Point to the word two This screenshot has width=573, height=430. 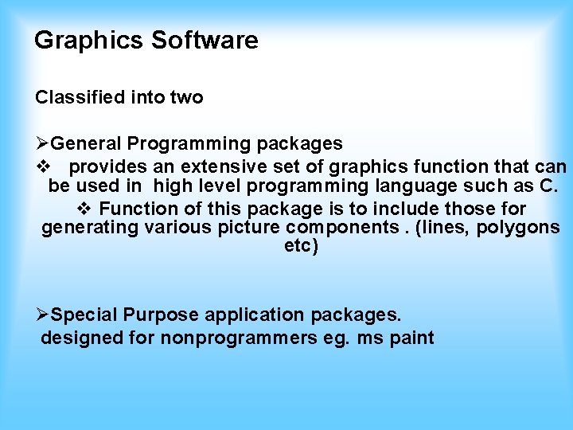pyautogui.click(x=187, y=98)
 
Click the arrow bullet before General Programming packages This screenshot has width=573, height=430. pyautogui.click(x=42, y=144)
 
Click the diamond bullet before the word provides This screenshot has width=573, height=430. pyautogui.click(x=45, y=167)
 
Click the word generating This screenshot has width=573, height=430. pyautogui.click(x=90, y=229)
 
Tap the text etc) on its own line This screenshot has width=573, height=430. pyautogui.click(x=301, y=247)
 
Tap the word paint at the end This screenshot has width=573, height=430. pyautogui.click(x=413, y=338)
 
